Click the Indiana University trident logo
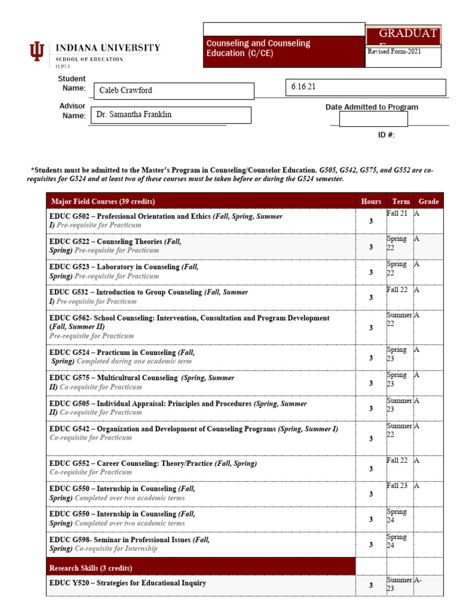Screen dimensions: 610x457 36,54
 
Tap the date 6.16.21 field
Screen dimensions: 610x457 365,87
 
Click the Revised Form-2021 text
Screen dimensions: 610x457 394,52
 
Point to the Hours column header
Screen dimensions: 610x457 371,201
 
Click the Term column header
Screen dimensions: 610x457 401,201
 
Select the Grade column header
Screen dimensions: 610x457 428,201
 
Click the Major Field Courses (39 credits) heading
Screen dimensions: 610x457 103,201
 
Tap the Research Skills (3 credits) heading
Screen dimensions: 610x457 90,568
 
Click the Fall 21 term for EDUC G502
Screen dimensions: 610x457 397,213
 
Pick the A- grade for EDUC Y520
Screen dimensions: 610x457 420,580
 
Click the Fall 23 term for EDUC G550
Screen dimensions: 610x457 397,485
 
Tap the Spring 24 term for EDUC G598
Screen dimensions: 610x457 396,541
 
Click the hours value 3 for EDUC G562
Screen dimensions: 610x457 371,328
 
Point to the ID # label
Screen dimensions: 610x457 386,135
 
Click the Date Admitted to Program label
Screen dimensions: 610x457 371,107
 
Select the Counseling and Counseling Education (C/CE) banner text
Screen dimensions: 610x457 258,48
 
